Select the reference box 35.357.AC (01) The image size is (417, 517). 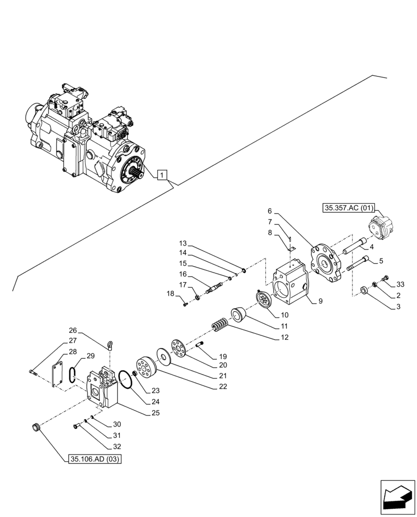click(x=345, y=208)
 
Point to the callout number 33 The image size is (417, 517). click(x=400, y=284)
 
